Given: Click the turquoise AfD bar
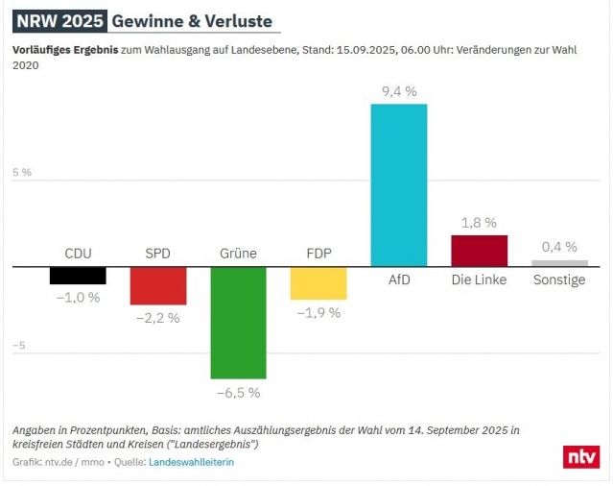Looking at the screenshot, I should (398, 184).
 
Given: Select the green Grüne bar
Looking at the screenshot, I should (238, 322).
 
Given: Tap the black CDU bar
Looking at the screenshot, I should (78, 275).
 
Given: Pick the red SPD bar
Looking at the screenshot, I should (158, 285).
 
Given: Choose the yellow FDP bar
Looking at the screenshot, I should (318, 283).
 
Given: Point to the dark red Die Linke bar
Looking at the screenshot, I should (479, 251).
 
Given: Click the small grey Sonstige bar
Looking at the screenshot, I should (559, 263).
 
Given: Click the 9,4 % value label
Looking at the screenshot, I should (398, 92).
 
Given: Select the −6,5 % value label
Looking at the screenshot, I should (238, 392).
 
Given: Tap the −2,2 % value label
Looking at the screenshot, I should (158, 318).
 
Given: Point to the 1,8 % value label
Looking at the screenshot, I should (479, 223).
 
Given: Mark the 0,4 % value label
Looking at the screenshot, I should (559, 247).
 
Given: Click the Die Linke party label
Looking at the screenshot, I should (479, 279).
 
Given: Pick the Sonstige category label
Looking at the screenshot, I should (559, 279).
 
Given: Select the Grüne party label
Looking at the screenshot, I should (238, 254).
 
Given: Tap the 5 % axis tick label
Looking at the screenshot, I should (22, 173).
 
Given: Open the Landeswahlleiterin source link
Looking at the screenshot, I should (191, 462).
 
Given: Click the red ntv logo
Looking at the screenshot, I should (580, 457).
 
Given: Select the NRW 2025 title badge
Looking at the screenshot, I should (59, 21).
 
